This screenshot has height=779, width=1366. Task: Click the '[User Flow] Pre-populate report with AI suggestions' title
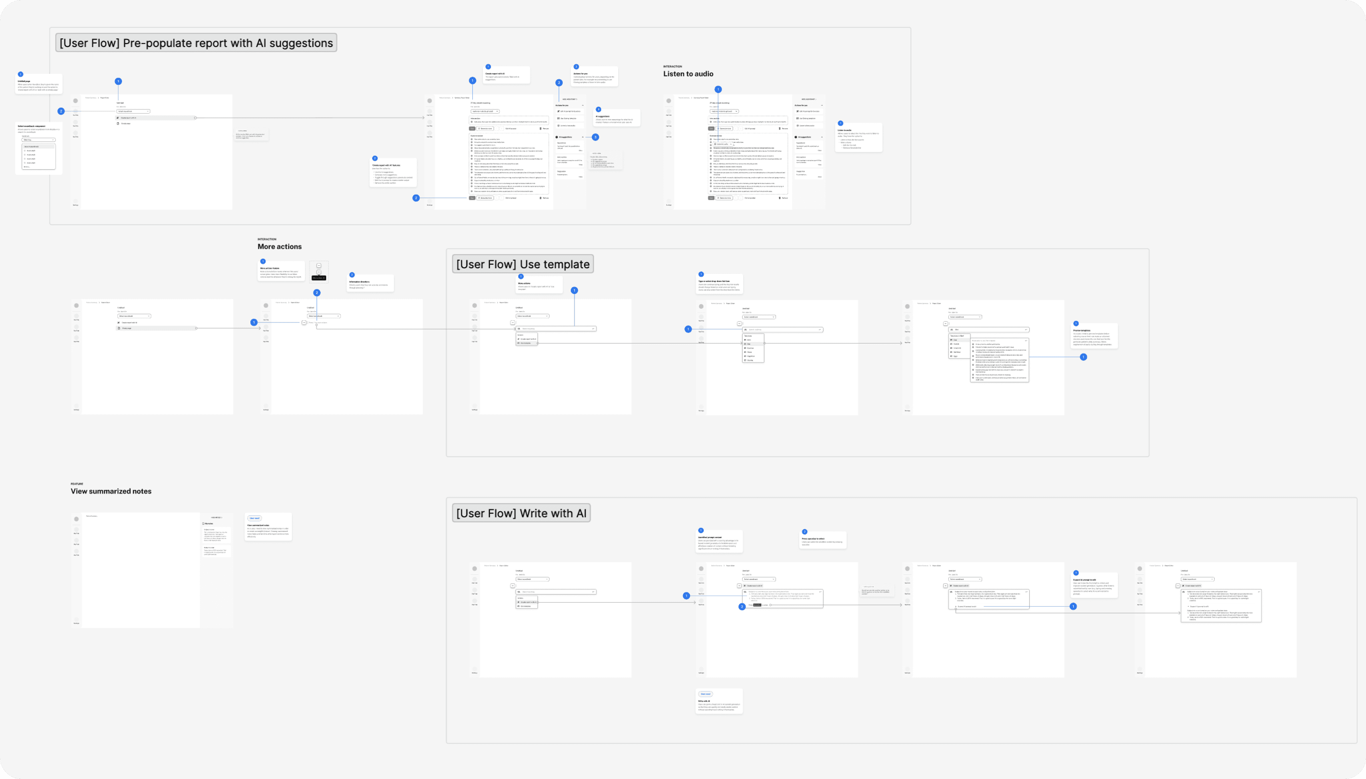tap(196, 43)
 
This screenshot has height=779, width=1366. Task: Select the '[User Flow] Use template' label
tap(522, 264)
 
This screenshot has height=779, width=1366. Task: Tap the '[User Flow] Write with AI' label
tap(521, 513)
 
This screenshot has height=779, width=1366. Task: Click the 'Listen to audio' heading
tap(688, 74)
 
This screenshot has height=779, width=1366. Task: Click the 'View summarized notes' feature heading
tap(111, 491)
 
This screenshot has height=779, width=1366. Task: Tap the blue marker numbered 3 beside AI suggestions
tap(595, 137)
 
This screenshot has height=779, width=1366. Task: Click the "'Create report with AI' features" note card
tap(394, 172)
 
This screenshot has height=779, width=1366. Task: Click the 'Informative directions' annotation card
tap(371, 284)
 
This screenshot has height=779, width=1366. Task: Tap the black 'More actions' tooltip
tap(318, 278)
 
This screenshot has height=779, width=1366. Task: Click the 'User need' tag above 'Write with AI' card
tap(705, 694)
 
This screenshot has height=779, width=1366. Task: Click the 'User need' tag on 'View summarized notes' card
tap(254, 518)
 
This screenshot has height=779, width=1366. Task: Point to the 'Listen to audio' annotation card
tap(858, 138)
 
